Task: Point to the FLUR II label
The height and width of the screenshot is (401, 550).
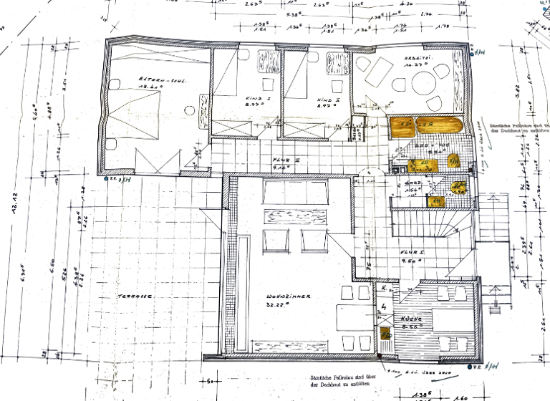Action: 286,160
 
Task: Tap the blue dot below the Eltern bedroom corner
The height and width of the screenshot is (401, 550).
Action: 107,178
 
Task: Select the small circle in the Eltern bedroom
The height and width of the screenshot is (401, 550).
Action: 190,110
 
